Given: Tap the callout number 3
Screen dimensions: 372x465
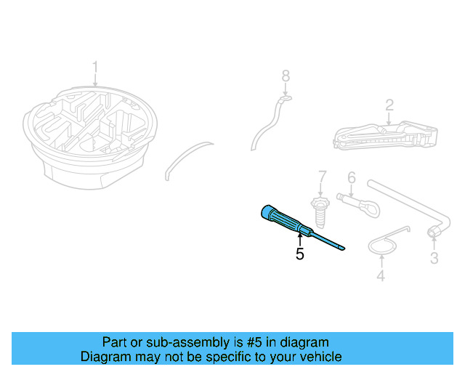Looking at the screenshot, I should pos(434,258).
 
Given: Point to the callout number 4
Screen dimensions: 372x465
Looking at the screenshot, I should pos(381,275).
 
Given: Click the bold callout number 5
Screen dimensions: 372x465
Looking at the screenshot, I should pos(299,254).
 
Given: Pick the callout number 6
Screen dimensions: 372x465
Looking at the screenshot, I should pos(351,177).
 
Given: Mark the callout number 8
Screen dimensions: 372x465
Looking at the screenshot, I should pos(286,75).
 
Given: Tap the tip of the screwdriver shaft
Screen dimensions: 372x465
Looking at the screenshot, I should pos(342,248).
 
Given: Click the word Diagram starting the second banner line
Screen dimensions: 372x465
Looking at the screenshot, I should pos(104,357).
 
